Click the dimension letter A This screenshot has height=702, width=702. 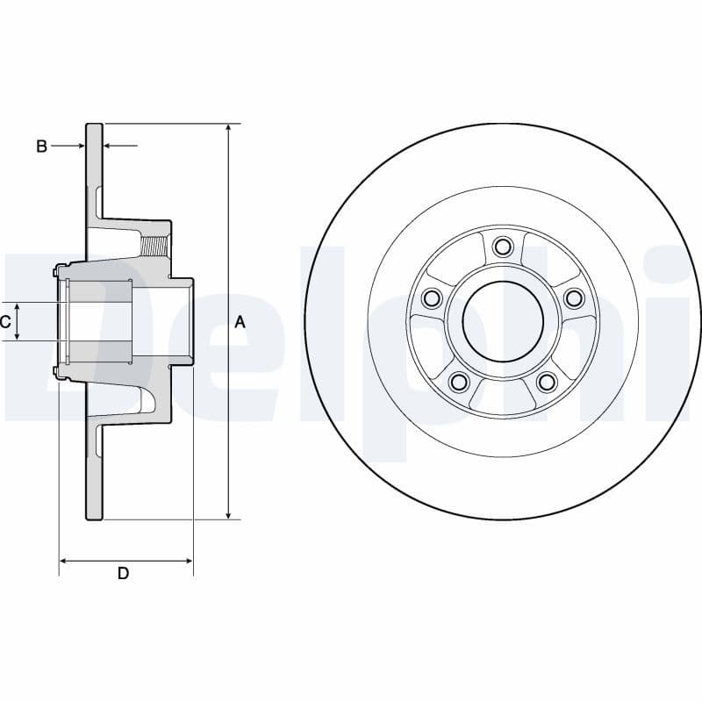click(x=240, y=322)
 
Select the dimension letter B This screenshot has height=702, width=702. click(x=41, y=146)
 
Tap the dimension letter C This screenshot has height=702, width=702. click(x=5, y=322)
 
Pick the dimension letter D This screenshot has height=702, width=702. click(x=124, y=573)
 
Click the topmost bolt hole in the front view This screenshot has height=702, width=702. click(x=502, y=247)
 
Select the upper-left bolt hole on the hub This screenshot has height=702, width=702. click(x=430, y=298)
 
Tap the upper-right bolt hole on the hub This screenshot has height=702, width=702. click(x=574, y=298)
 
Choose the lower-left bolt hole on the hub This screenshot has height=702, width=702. click(x=457, y=382)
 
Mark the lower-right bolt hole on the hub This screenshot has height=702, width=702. click(x=546, y=382)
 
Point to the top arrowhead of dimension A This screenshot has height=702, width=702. click(x=228, y=129)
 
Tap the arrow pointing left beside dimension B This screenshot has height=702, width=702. click(x=110, y=146)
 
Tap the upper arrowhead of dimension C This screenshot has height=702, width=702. click(x=18, y=307)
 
